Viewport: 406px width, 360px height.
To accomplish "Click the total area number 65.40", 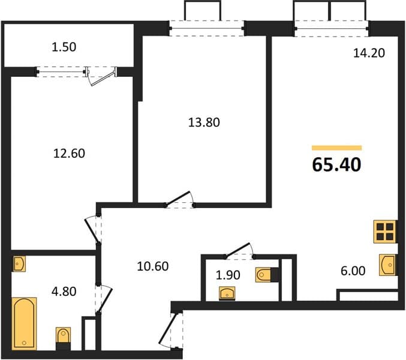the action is [x=336, y=165].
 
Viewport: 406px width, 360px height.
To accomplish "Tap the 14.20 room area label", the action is [x=369, y=53].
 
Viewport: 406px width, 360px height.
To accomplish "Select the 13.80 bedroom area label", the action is [x=204, y=122].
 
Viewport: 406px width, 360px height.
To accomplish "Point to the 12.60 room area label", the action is [x=69, y=154].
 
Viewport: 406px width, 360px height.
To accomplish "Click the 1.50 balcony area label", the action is [x=64, y=47].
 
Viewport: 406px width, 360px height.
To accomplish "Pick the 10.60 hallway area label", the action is [x=153, y=266].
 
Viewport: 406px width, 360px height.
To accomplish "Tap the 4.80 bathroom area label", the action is [x=64, y=292].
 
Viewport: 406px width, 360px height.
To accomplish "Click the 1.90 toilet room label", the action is [x=228, y=275].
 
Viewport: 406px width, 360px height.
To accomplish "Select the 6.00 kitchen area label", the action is [x=353, y=271].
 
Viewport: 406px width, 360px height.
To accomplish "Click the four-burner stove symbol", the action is [x=385, y=232].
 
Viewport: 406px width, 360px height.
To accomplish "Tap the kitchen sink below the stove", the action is [x=387, y=265].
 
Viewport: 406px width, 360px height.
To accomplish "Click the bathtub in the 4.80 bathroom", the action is [x=24, y=323].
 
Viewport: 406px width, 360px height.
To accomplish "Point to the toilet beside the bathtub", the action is [x=63, y=338].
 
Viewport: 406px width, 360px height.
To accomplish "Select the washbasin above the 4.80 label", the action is [x=19, y=264].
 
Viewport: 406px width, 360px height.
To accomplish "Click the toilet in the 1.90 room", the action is [x=267, y=275].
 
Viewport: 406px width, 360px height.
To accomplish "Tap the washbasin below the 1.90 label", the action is [x=227, y=293].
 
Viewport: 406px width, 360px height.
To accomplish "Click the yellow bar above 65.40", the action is [x=336, y=148].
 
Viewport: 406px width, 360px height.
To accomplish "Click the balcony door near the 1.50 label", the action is [x=101, y=75].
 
